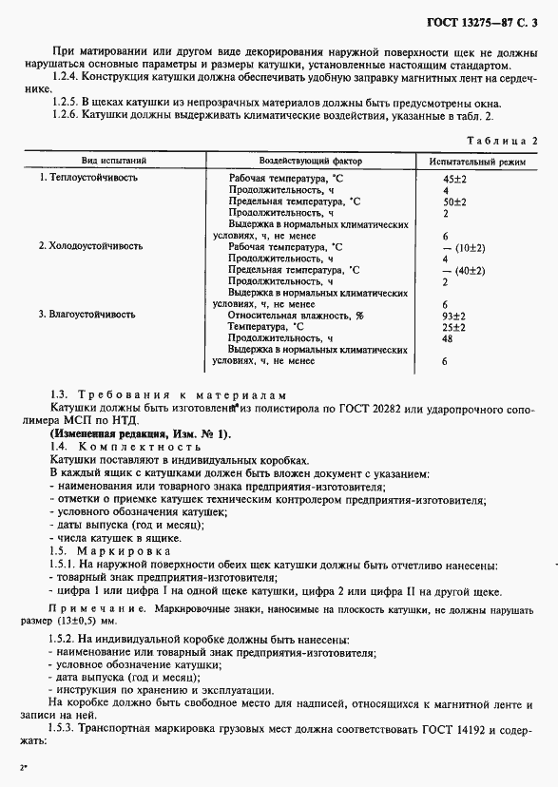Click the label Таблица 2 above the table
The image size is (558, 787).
[x=503, y=140]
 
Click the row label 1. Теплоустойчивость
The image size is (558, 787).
[x=87, y=178]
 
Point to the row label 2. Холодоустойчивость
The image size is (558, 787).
[x=90, y=245]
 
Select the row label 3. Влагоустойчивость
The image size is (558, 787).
[x=88, y=314]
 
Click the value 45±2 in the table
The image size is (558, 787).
[x=454, y=178]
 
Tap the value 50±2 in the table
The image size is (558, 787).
[x=454, y=202]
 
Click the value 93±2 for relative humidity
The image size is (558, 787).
[x=454, y=315]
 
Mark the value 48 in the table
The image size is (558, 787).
[x=448, y=338]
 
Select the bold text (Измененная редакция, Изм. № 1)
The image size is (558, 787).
[x=140, y=433]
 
